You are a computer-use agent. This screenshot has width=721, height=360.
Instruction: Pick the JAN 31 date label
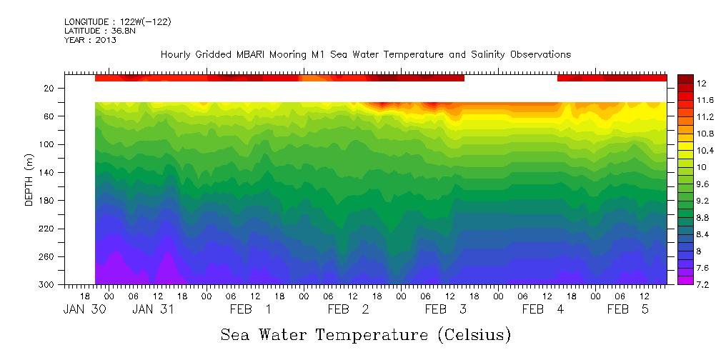[153, 309]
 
